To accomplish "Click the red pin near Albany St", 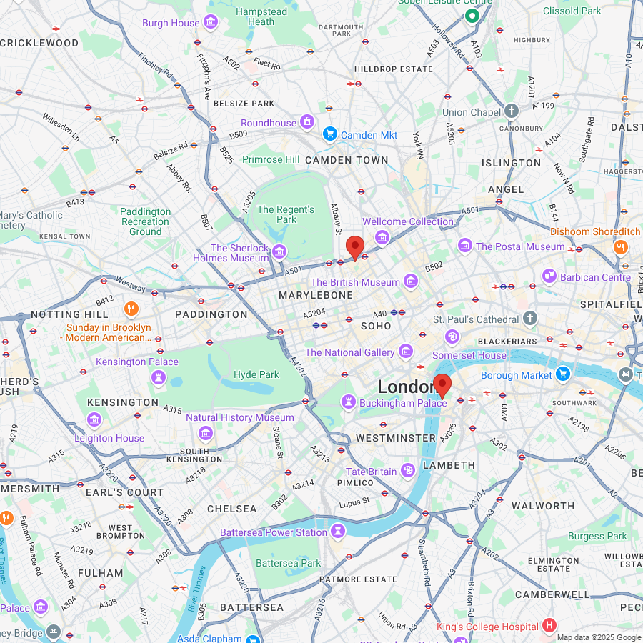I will coord(355,248).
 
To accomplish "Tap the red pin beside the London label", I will coord(442,384).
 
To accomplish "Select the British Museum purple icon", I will coord(410,282).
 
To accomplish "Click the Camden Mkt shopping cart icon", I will coord(329,134).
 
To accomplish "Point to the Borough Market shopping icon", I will coord(563,374).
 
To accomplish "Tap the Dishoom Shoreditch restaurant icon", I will coord(620,246).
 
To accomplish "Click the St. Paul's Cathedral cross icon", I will coord(529,318).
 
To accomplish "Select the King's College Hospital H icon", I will coord(549,626).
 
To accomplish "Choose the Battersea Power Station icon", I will coord(337,531).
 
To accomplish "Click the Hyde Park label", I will coord(256,374).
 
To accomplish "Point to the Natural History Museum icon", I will coord(206,432).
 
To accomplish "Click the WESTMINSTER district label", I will coord(396,437).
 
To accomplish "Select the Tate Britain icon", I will coord(407,470).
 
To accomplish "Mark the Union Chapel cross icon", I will coord(511,111).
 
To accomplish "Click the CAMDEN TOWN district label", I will coord(347,160).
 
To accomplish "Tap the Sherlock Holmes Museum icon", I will coord(279,251).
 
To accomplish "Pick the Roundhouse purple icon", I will coord(307,122).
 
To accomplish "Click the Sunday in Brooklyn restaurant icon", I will coord(131,309).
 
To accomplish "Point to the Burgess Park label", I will coord(597,536).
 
